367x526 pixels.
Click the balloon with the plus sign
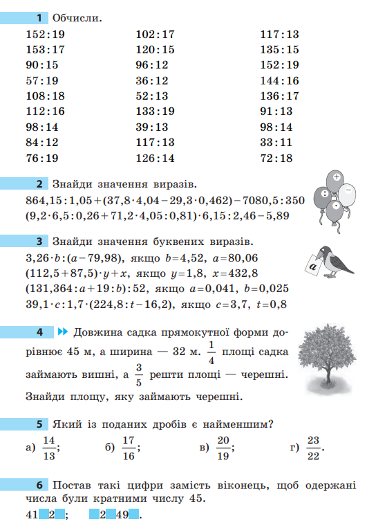click(336, 178)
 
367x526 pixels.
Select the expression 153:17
click(44, 49)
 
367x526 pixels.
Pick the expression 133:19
click(156, 111)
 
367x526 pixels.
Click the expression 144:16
click(279, 80)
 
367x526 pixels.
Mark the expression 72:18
click(276, 158)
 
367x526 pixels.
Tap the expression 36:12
click(152, 80)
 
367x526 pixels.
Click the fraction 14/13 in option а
click(48, 447)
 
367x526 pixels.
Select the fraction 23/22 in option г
click(313, 447)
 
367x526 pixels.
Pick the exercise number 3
click(40, 242)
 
